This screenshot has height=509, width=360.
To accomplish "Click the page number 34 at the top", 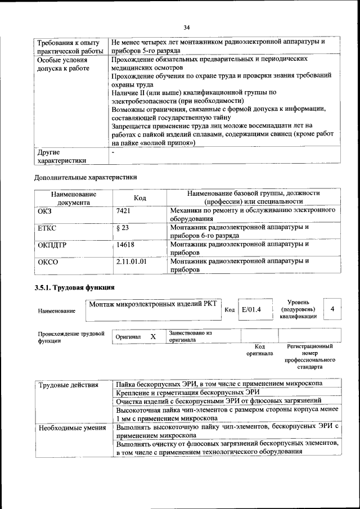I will coord(187,26).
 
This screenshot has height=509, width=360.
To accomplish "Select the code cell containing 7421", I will coord(123,210).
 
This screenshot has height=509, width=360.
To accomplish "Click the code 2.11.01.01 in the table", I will coord(131,262).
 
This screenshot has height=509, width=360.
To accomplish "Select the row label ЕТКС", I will coord(47,228).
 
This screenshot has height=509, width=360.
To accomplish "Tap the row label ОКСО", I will coord(48,262).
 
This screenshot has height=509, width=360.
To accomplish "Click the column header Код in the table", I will coord(139,198).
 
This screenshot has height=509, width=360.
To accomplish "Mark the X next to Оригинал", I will coord(152,336).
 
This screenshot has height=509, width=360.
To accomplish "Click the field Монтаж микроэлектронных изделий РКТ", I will coord(153,304).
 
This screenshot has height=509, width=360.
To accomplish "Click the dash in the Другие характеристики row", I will coord(113,152).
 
